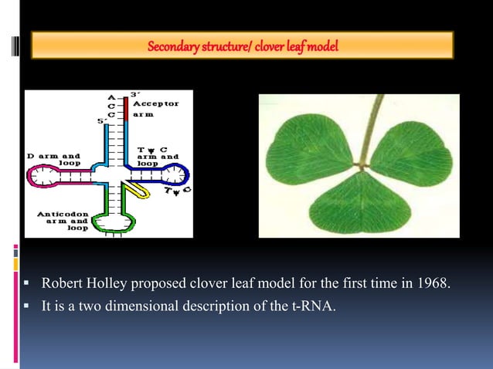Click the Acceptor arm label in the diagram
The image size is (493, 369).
coord(155,108)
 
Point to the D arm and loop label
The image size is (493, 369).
coord(53,160)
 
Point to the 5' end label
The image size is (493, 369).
coord(100,121)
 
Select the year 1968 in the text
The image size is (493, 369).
coord(432,283)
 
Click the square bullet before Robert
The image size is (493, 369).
coord(27,284)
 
